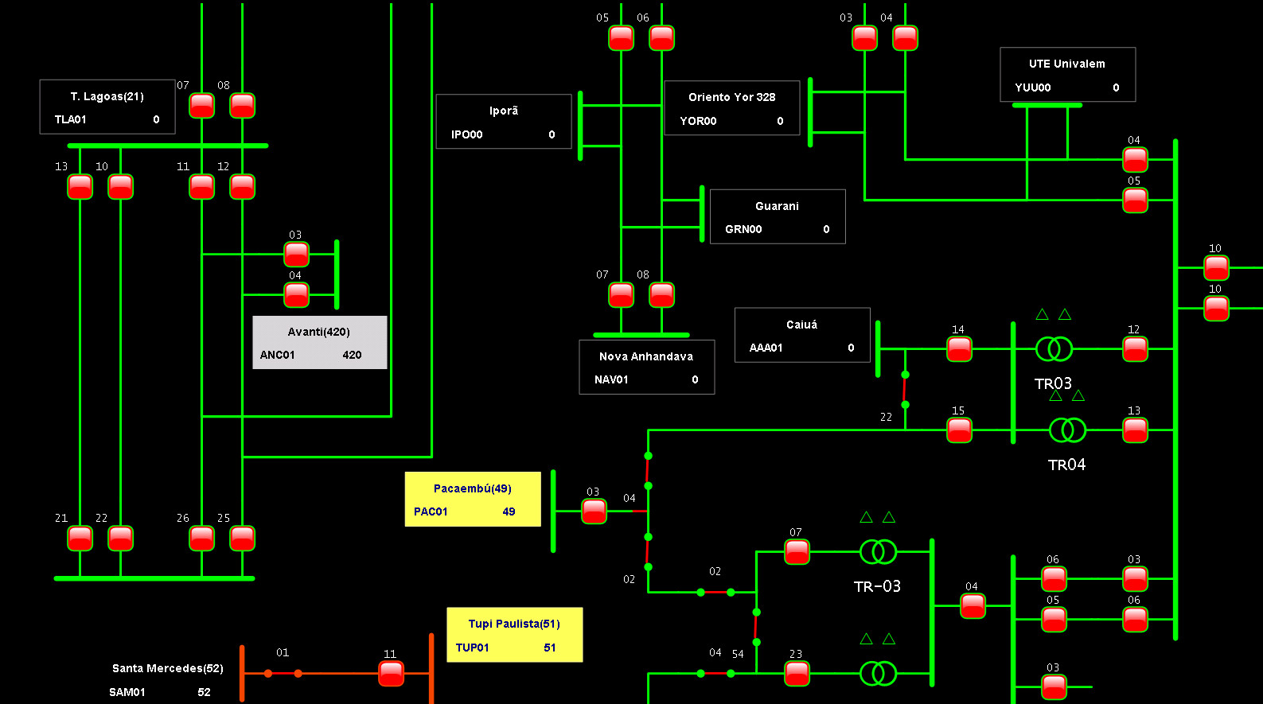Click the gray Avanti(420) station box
[x=320, y=343]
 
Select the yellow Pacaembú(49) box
[x=473, y=500]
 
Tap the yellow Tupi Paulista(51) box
[x=514, y=635]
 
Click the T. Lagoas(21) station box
[x=107, y=107]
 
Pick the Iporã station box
[x=504, y=122]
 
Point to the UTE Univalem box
[x=1067, y=75]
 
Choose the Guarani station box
[x=778, y=217]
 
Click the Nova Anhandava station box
[x=647, y=368]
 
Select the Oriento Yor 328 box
[x=732, y=108]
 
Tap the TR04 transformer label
[x=1066, y=465]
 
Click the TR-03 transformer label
[x=877, y=587]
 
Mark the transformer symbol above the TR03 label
[x=1054, y=349]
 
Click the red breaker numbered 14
[x=959, y=349]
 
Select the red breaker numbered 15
[x=959, y=430]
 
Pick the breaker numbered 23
[x=797, y=674]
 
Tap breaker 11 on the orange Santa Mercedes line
[x=391, y=674]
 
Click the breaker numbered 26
[x=201, y=539]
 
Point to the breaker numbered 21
[x=80, y=539]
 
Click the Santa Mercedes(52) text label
[x=167, y=668]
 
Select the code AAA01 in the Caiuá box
[x=766, y=348]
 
